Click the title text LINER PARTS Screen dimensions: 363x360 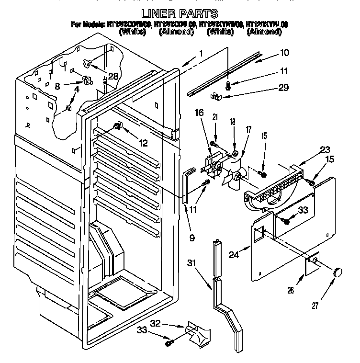[x=180, y=13]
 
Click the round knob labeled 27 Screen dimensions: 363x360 [x=338, y=272]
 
